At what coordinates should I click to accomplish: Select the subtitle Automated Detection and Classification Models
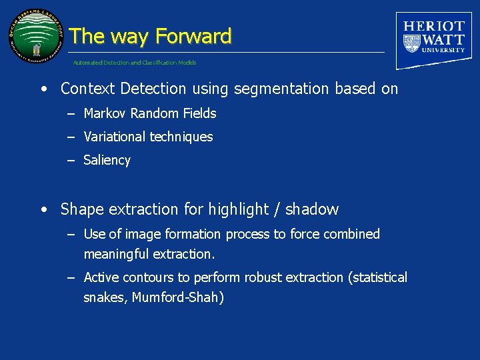(x=135, y=63)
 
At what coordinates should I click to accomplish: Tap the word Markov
(x=105, y=113)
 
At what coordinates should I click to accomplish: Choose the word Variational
(x=114, y=137)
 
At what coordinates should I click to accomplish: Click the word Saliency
(x=107, y=160)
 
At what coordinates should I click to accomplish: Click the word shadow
(x=312, y=209)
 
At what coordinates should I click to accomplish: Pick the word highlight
(x=238, y=209)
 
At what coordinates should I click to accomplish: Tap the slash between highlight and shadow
(x=277, y=209)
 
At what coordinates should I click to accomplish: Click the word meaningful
(x=116, y=254)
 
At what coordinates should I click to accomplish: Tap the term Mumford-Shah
(x=178, y=297)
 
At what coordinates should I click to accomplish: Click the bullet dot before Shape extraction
(x=44, y=209)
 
